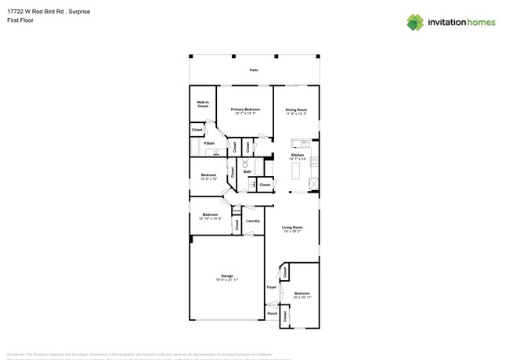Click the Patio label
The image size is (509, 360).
(x=254, y=70)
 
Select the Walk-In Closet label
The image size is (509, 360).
(x=202, y=104)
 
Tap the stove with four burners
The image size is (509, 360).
(x=315, y=160)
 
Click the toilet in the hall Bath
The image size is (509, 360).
(x=245, y=164)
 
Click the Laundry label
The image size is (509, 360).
(x=253, y=221)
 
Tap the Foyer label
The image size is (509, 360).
(x=272, y=287)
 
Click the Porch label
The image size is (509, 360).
(x=273, y=313)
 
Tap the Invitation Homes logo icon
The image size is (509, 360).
(x=414, y=23)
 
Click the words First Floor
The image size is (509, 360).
(x=23, y=20)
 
